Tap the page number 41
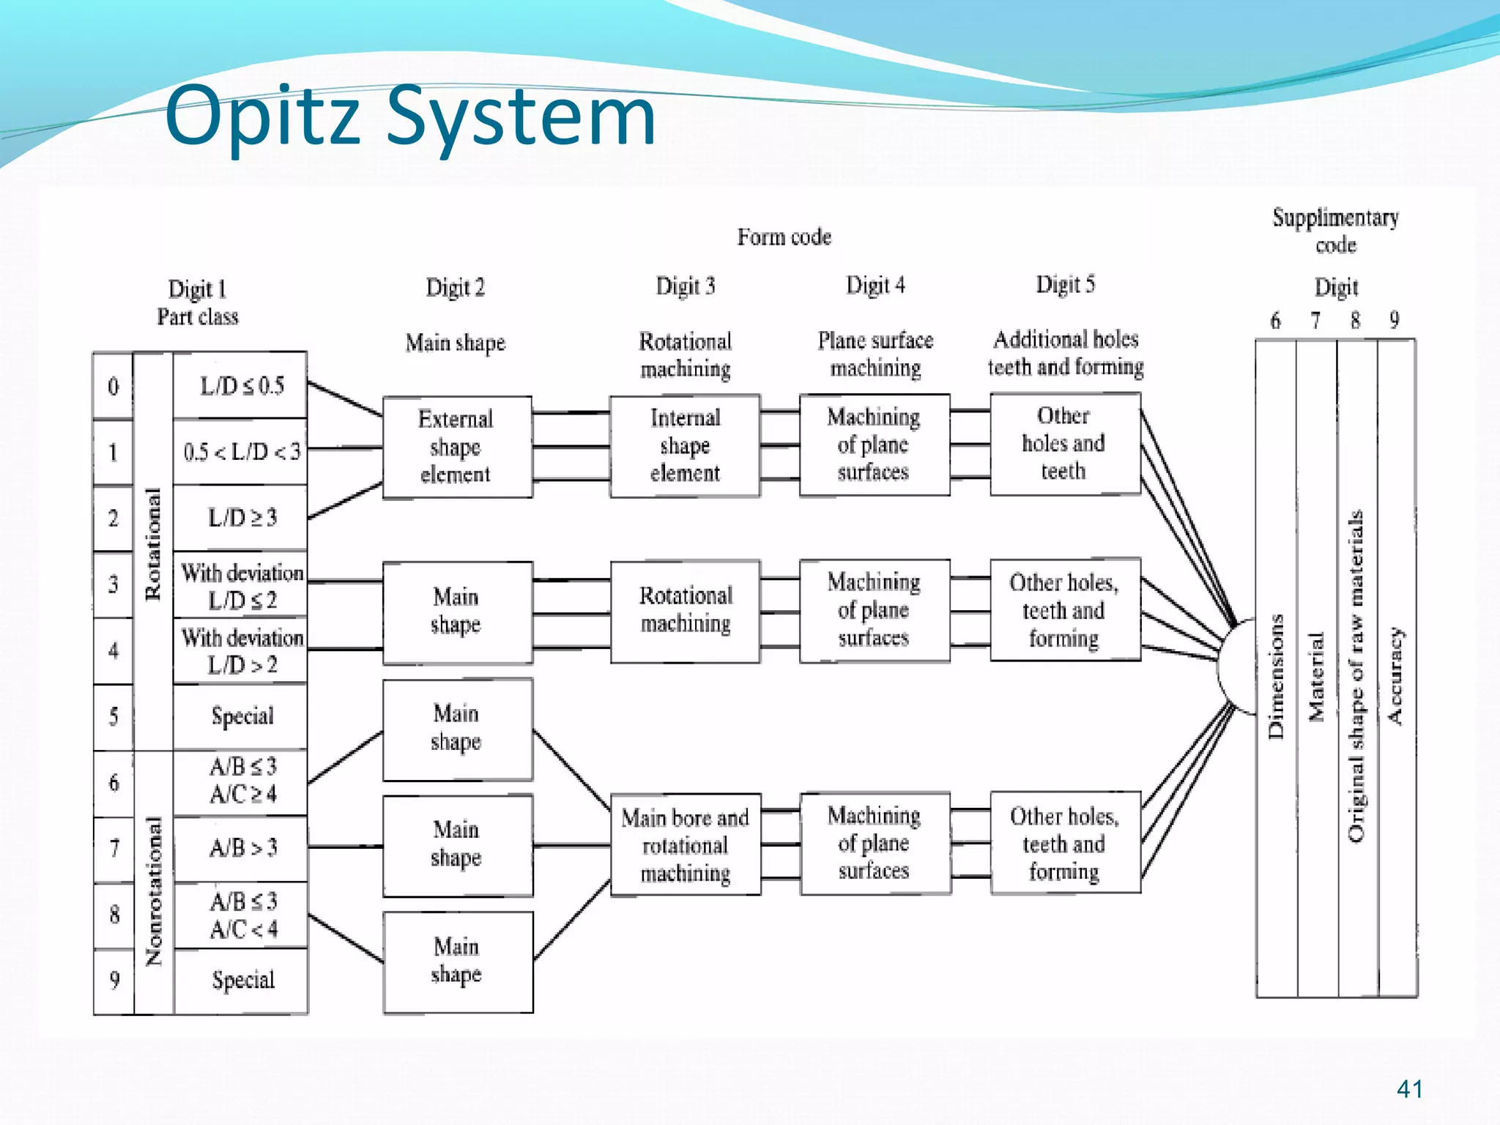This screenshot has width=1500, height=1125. tap(1409, 1089)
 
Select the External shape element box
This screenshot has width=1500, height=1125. tap(457, 447)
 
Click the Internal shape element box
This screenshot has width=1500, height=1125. tap(685, 446)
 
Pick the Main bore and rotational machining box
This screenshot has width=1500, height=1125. tap(685, 845)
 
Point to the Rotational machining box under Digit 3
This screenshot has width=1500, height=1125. tap(685, 610)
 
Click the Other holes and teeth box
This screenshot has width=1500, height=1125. tap(1064, 444)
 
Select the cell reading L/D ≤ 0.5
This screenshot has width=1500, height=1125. tap(241, 386)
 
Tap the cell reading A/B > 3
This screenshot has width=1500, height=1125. tap(242, 848)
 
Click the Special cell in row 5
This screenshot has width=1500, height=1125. tap(242, 716)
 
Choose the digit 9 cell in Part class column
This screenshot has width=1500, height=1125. tap(114, 980)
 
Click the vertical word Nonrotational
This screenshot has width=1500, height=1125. tap(154, 891)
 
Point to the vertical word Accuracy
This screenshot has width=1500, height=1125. tap(1396, 676)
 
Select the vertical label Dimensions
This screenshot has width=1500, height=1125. tap(1276, 676)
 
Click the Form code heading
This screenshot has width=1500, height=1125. tap(784, 237)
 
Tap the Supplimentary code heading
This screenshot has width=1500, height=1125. tap(1335, 230)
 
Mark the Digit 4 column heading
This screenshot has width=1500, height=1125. tap(875, 285)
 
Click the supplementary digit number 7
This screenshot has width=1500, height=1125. tap(1315, 321)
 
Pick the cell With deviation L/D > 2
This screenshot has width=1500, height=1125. tap(242, 651)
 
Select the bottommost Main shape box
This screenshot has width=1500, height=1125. tap(457, 961)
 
